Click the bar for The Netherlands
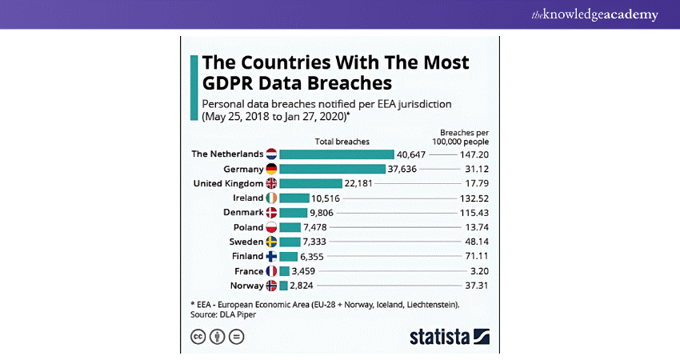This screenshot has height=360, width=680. pos(337,154)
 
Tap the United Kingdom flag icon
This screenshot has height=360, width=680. pos(271,183)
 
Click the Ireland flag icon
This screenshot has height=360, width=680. pos(271,198)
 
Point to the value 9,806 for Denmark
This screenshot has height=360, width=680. pos(324,213)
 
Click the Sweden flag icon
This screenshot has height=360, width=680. pos(271,242)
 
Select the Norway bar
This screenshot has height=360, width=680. pos(284,286)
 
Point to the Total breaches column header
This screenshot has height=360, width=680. pos(342,141)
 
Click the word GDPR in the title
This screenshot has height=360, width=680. pos(233,83)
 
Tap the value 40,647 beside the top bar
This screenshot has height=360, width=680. pos(414,154)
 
